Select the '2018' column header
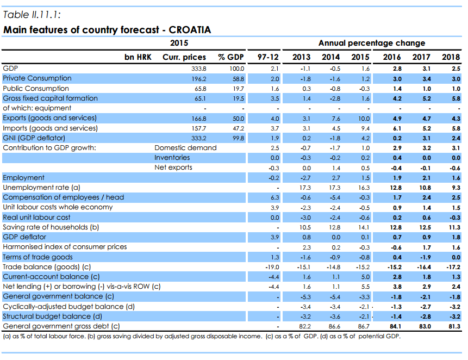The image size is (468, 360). tap(451, 57)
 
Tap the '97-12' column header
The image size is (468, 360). tap(268, 57)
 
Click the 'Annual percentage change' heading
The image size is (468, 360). tap(371, 43)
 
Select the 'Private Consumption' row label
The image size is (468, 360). tap(37, 78)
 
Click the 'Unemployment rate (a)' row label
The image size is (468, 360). tap(41, 188)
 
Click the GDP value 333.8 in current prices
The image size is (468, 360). tap(199, 69)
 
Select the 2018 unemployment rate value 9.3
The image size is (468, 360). tap(454, 188)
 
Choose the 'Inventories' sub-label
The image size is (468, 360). tap(172, 158)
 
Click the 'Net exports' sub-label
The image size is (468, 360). tap(173, 167)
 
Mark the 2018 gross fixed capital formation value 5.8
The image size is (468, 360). tap(454, 98)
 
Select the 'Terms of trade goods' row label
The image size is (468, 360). tap(38, 257)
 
